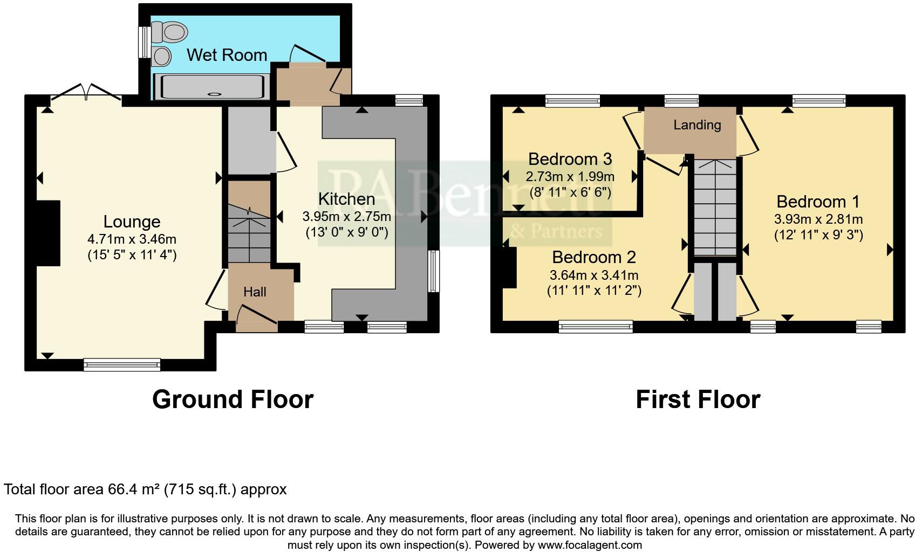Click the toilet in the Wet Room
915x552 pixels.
(170, 32)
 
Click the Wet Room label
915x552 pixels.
(227, 55)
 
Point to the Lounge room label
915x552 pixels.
(132, 222)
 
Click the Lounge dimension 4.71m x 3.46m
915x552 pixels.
(132, 239)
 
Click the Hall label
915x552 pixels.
(255, 292)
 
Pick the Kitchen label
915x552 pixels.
(346, 199)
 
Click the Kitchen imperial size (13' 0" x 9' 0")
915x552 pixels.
(346, 232)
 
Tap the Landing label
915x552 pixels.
(697, 125)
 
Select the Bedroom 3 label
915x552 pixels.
(570, 159)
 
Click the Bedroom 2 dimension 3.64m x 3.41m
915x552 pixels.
(593, 275)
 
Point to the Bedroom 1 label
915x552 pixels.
(818, 202)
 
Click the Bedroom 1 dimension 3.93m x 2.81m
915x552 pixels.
(818, 219)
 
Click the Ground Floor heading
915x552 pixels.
(233, 399)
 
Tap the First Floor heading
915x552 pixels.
(698, 399)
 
